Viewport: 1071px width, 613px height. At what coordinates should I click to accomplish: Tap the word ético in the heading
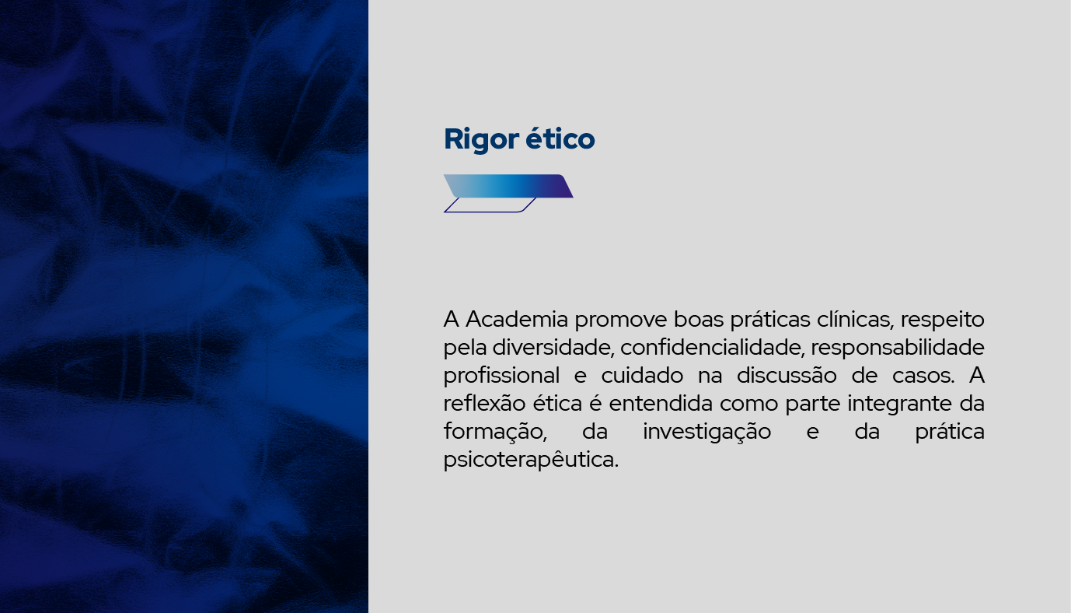point(560,138)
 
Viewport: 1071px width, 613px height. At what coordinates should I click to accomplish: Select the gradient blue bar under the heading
point(508,186)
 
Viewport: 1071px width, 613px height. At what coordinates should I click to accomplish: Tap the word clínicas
point(856,319)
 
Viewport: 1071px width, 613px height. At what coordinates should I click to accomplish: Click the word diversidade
point(553,348)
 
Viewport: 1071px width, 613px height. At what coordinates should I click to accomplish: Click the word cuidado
point(642,376)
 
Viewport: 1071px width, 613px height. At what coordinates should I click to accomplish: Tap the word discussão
point(787,376)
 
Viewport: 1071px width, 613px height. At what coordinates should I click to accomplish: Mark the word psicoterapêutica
point(531,461)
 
